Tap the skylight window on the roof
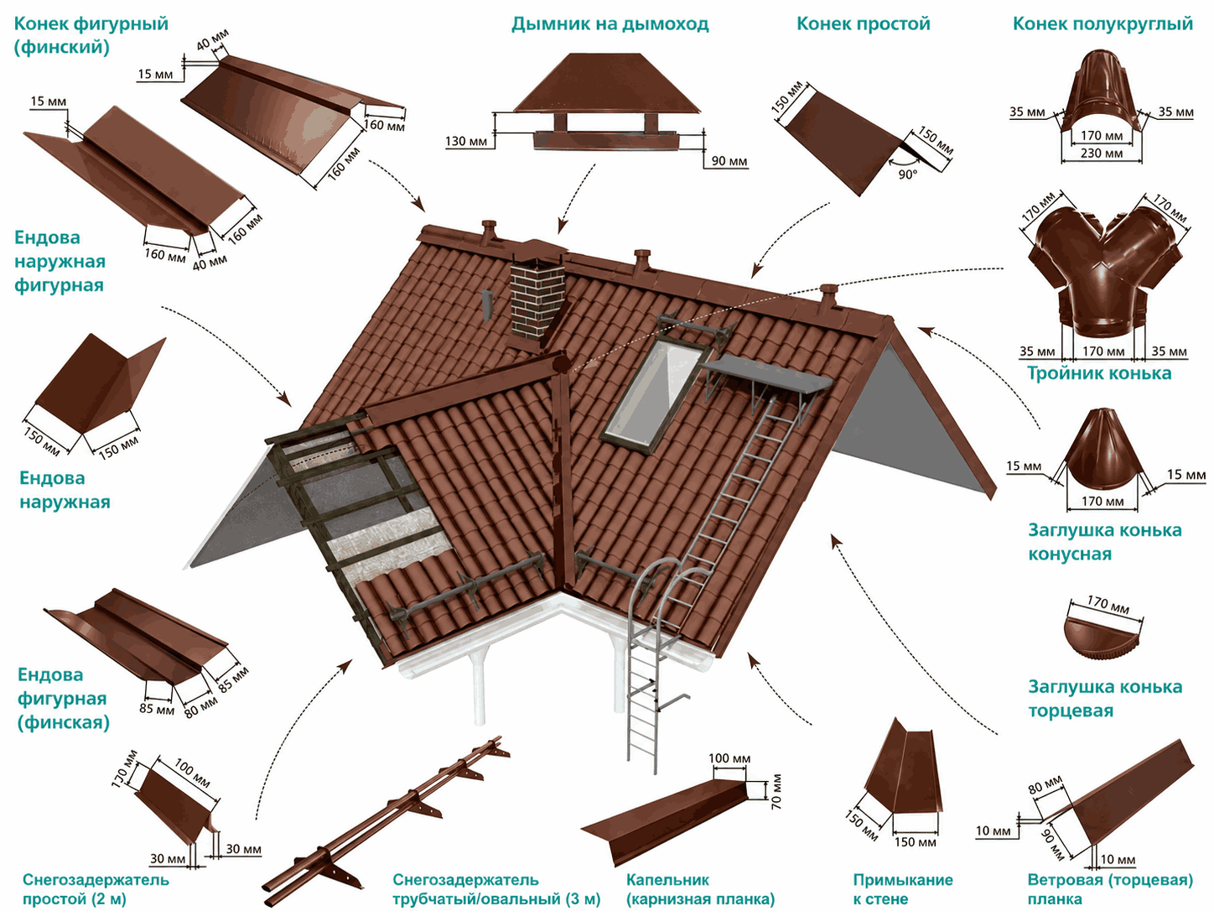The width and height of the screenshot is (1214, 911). tap(656, 393)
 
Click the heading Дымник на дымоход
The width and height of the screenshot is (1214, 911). tap(610, 24)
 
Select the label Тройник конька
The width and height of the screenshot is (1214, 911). tap(1099, 373)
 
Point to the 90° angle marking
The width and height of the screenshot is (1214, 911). tap(907, 174)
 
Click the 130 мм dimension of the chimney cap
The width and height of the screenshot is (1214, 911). tap(466, 142)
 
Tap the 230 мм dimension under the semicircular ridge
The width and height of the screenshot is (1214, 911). tap(1102, 153)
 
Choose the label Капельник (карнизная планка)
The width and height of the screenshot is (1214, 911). tap(700, 889)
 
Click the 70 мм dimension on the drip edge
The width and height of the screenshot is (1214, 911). tap(776, 792)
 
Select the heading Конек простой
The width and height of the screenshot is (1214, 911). tap(864, 24)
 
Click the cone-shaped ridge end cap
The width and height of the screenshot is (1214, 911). tap(1101, 450)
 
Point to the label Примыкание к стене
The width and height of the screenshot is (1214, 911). tap(903, 889)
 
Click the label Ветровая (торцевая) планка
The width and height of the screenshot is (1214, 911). tap(1110, 889)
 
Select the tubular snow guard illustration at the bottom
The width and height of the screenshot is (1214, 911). tap(386, 821)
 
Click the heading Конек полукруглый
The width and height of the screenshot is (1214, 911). tap(1102, 24)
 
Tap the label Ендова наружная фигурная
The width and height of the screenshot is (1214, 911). tap(60, 261)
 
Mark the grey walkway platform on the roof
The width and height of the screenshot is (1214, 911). tap(766, 376)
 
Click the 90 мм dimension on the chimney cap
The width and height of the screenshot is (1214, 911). tap(729, 161)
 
